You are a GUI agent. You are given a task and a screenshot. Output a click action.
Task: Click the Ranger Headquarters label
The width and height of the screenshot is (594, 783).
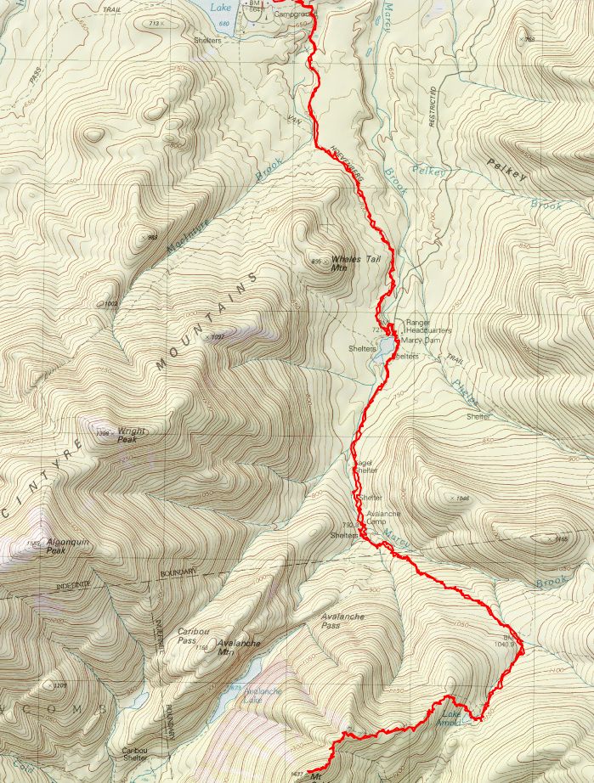coord(428,326)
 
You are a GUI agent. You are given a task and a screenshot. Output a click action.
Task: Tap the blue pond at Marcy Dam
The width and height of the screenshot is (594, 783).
coord(385,346)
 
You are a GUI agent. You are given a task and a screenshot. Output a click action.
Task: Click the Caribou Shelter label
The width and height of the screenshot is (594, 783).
coord(139,754)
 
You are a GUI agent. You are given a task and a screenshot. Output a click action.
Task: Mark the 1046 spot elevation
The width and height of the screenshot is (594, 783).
coord(461,499)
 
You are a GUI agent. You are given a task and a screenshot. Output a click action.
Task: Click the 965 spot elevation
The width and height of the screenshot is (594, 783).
coord(153,239)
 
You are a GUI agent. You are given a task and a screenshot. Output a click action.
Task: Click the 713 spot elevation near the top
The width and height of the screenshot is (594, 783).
coord(154,23)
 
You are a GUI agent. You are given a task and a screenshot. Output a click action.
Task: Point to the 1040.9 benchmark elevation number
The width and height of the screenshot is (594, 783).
coord(505,644)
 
